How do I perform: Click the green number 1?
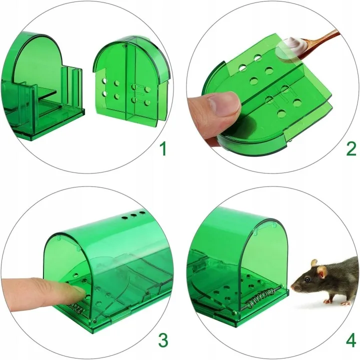pos(163,149)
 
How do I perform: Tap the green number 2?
pos(351,149)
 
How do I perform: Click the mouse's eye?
pos(307,279)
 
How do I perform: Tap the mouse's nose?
pos(292,287)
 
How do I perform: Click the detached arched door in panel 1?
pos(131,79)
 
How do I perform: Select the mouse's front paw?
pos(327,301)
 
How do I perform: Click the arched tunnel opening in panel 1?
pos(36,62)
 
